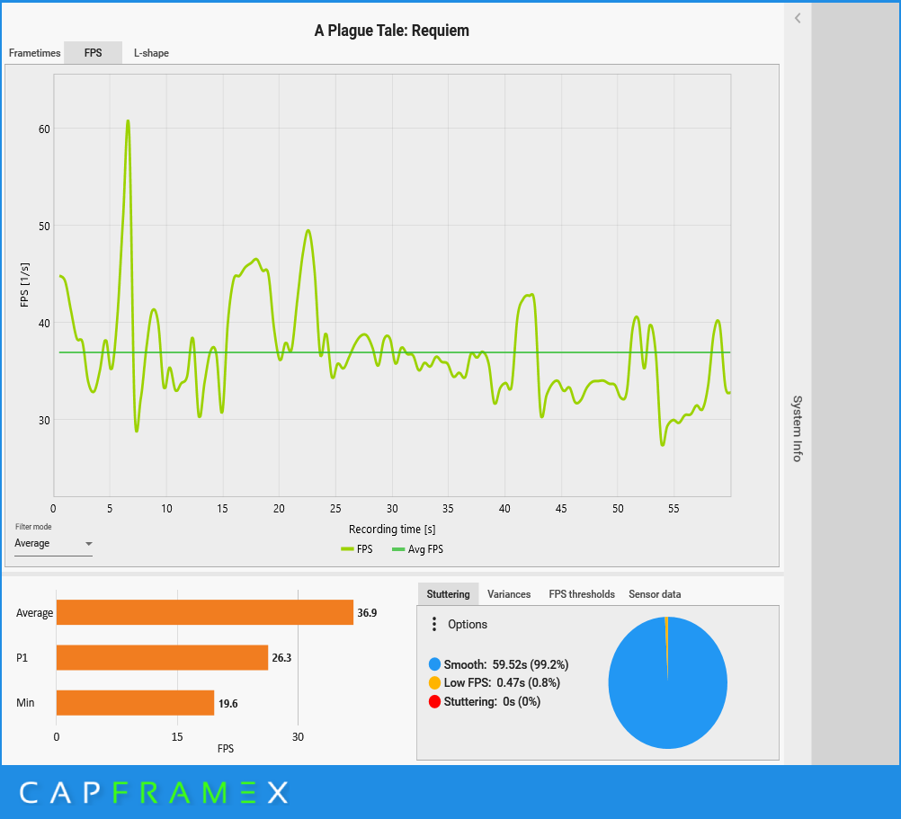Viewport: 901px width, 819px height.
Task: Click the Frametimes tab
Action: (x=33, y=53)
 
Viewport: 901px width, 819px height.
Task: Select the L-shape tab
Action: (x=151, y=53)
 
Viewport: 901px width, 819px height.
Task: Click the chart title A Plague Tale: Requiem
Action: (x=391, y=31)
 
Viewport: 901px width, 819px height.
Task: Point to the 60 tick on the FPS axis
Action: (x=44, y=129)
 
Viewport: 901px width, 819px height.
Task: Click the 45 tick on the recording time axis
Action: (x=561, y=509)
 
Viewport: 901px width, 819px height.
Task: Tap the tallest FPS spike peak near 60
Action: (x=128, y=121)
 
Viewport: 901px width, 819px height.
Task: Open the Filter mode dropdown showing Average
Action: (x=54, y=544)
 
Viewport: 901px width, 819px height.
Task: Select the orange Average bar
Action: (x=204, y=613)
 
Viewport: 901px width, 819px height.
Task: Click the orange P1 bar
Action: (x=162, y=657)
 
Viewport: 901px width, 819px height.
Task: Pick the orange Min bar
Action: (x=135, y=703)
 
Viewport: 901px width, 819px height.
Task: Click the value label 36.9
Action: (x=367, y=613)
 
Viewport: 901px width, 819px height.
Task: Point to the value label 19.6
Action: (x=227, y=703)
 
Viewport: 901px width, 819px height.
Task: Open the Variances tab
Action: (x=509, y=594)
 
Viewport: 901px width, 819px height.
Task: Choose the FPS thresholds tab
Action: (x=582, y=594)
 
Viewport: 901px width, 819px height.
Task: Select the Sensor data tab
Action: (x=655, y=594)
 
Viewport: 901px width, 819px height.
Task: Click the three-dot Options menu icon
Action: (x=434, y=624)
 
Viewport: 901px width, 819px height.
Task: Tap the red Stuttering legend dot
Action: (x=435, y=702)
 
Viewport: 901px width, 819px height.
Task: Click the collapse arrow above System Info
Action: (x=798, y=18)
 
